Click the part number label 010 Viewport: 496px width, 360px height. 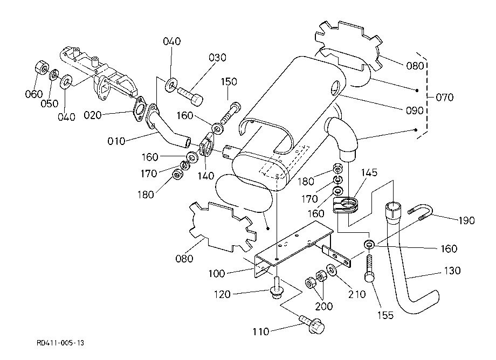pyautogui.click(x=116, y=141)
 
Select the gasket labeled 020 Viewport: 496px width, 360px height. pyautogui.click(x=139, y=109)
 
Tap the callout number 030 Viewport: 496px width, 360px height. pyautogui.click(x=217, y=58)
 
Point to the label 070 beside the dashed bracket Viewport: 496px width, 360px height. pyautogui.click(x=444, y=98)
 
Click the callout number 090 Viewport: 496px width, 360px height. pyautogui.click(x=415, y=110)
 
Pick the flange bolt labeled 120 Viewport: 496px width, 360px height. pyautogui.click(x=277, y=288)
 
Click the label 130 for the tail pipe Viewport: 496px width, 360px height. pyautogui.click(x=452, y=271)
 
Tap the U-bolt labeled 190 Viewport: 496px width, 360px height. pyautogui.click(x=421, y=211)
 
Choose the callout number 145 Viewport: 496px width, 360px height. pyautogui.click(x=369, y=172)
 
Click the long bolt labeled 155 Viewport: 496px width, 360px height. pyautogui.click(x=369, y=268)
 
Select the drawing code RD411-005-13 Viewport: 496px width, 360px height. pyautogui.click(x=60, y=343)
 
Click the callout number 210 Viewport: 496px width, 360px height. pyautogui.click(x=357, y=294)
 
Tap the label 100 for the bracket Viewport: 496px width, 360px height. pyautogui.click(x=217, y=273)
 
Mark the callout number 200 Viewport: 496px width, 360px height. pyautogui.click(x=324, y=306)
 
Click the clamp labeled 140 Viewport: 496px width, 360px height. pyautogui.click(x=206, y=145)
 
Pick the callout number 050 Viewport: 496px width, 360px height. pyautogui.click(x=50, y=103)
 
